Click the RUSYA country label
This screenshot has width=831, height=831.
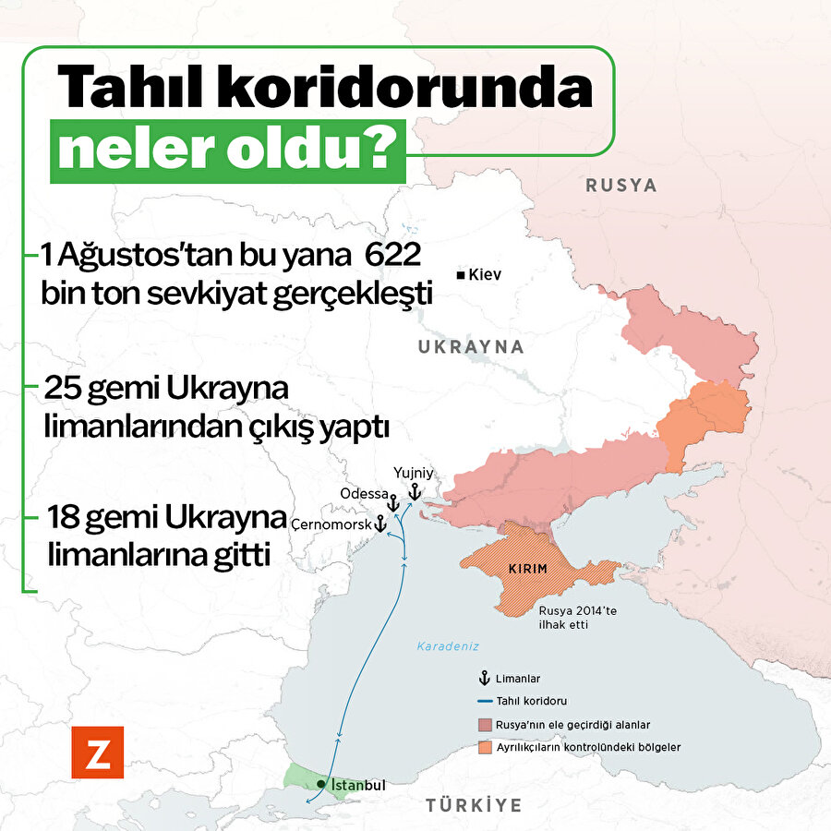[x=621, y=186]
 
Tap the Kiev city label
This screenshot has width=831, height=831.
[x=485, y=275]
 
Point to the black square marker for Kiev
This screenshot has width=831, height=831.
[x=460, y=275]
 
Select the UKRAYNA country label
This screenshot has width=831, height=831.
[x=471, y=347]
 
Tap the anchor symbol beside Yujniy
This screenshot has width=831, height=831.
[x=414, y=490]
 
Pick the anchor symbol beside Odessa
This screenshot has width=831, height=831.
[x=392, y=503]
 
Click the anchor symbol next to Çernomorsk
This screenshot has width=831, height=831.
[x=379, y=524]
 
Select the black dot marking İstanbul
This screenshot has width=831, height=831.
[x=320, y=784]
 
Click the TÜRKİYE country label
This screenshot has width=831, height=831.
[x=474, y=805]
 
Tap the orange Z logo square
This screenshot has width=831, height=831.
[x=97, y=752]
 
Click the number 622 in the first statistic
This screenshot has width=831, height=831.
[x=389, y=252]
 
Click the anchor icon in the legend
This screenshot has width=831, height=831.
[x=484, y=678]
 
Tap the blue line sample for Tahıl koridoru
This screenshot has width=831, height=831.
[x=484, y=701]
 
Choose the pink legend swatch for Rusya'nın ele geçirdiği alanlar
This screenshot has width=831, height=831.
[x=484, y=725]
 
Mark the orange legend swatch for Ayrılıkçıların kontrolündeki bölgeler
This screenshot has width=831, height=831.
[x=484, y=746]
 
